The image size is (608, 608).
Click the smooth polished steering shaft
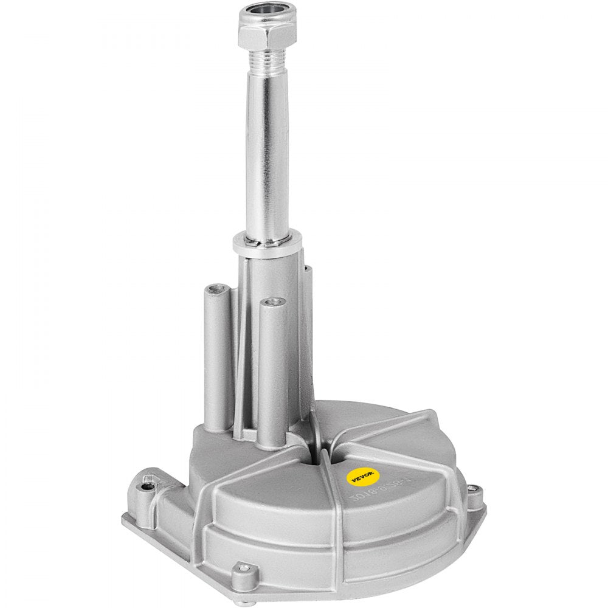click(x=267, y=152)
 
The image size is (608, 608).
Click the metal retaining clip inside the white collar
click(x=268, y=242)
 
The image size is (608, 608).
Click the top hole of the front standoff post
click(x=272, y=302)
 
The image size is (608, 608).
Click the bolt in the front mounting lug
click(x=244, y=568)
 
